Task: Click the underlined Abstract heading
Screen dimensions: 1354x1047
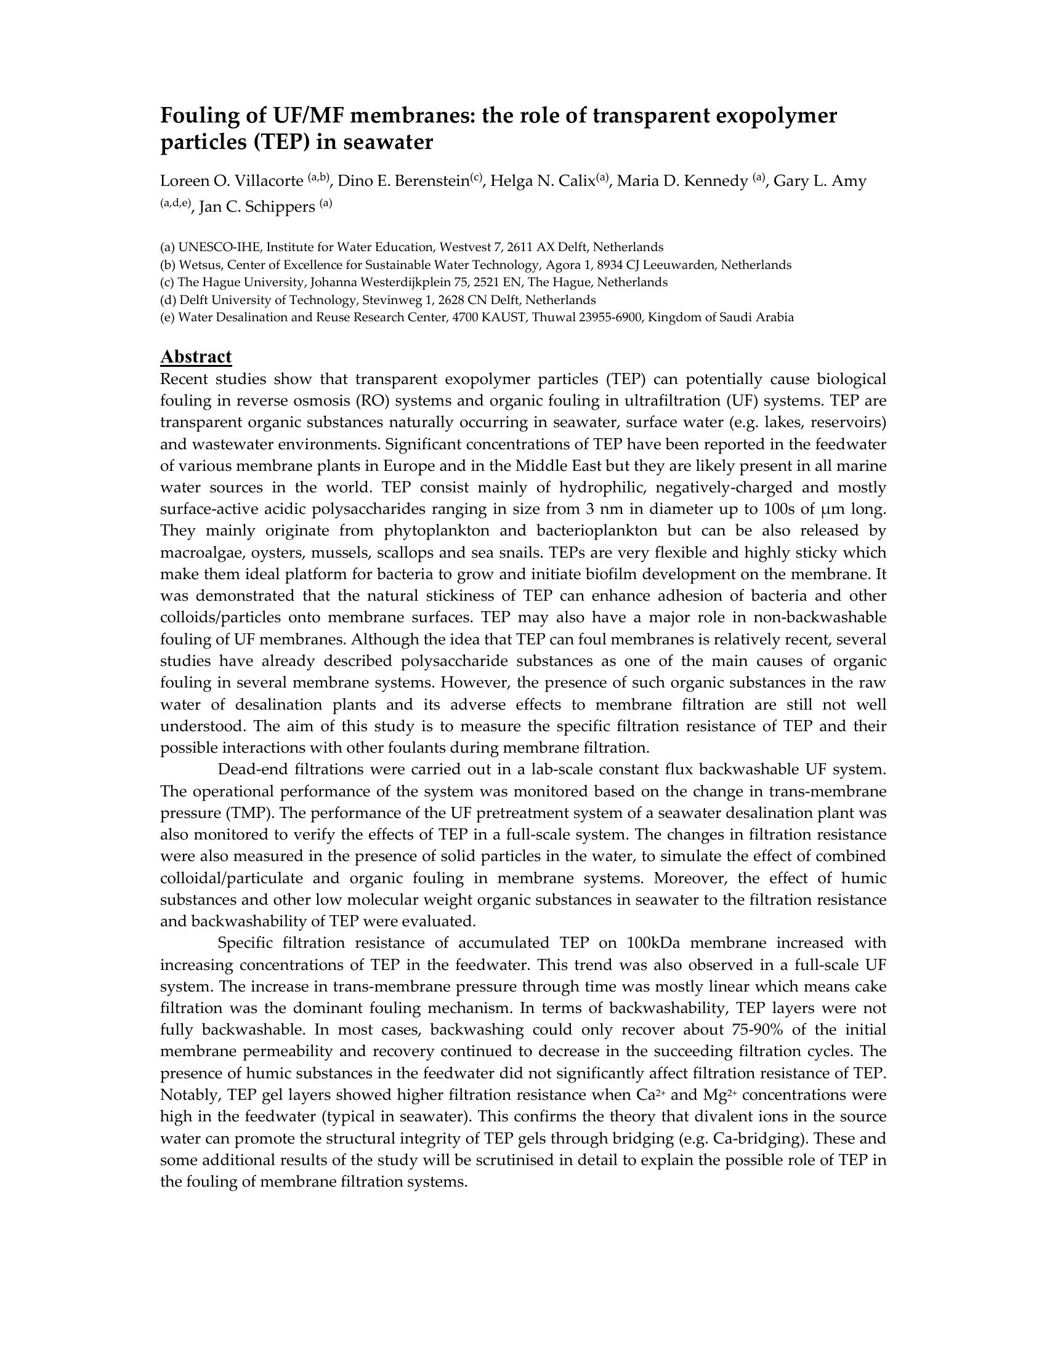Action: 196,356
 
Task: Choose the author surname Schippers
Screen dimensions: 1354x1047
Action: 280,207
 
